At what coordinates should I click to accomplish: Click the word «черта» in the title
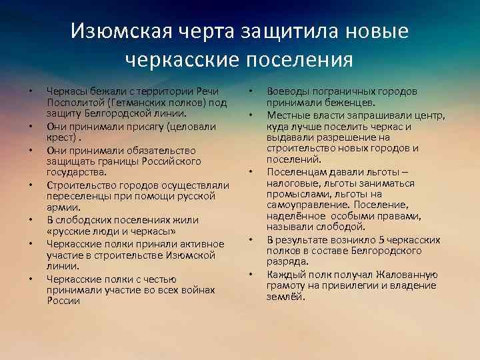pyautogui.click(x=197, y=31)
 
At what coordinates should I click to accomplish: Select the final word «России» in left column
pyautogui.click(x=63, y=300)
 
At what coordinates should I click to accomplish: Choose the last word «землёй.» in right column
pyautogui.click(x=285, y=297)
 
